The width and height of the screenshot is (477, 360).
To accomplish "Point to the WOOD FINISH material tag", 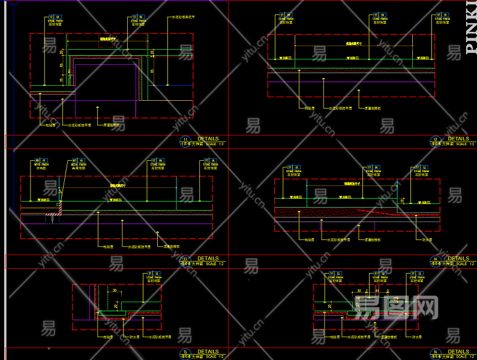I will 41,164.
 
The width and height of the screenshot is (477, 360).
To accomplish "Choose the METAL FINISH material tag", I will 79,164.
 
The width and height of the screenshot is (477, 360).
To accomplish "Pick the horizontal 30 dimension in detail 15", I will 115,290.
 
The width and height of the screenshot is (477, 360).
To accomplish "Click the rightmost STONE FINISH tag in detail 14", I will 420,172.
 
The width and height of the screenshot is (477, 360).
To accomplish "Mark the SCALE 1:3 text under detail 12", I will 464,144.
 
